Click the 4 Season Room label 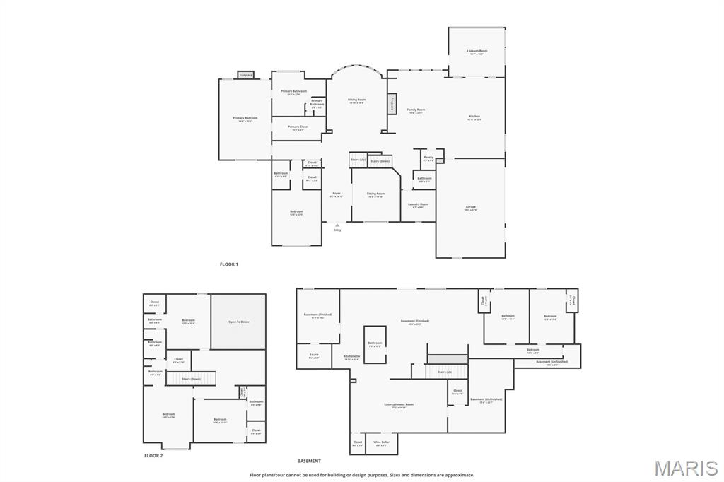[477, 51]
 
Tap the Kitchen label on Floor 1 [474, 117]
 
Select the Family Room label [416, 110]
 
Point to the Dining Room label [357, 100]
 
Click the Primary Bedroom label [245, 118]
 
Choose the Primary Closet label [298, 127]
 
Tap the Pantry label [428, 158]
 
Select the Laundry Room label [418, 204]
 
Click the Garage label [470, 207]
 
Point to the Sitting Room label [375, 194]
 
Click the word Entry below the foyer [337, 230]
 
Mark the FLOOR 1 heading [229, 264]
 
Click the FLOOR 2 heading [153, 456]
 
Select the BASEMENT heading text [308, 461]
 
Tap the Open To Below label [238, 322]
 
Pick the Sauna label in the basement [314, 355]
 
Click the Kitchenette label [352, 356]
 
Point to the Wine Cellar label [382, 442]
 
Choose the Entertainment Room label [399, 405]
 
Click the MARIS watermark [685, 468]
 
